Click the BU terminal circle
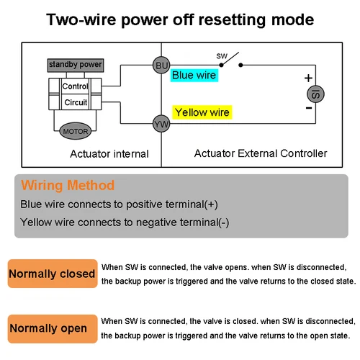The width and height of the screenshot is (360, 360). [161, 66]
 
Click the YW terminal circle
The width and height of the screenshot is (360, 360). [161, 125]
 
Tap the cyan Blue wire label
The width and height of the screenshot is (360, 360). [194, 75]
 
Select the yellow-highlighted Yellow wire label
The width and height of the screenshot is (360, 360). [202, 112]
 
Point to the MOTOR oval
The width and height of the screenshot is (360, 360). [76, 132]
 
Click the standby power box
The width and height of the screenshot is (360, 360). [76, 66]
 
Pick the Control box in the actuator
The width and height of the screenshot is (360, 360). [76, 86]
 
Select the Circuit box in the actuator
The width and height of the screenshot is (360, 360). [76, 102]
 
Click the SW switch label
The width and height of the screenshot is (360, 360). [222, 55]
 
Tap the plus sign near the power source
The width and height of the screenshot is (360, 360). [308, 78]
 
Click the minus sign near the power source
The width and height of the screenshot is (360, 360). [308, 108]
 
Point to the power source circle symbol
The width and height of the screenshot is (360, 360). [315, 93]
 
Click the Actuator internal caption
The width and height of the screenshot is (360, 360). [109, 153]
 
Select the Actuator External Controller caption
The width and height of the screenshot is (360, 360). [261, 153]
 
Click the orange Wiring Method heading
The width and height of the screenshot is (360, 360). [68, 185]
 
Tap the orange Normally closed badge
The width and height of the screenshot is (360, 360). [52, 274]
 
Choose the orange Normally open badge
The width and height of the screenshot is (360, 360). [48, 328]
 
